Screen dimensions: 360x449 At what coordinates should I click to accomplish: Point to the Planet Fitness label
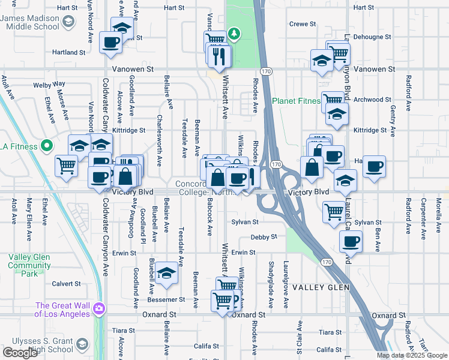pos(297,101)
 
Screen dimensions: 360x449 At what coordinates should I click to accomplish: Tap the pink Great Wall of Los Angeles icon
pos(99,310)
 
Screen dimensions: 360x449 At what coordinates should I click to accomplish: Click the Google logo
pos(20,353)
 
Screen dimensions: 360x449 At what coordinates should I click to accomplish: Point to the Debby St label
pos(264,237)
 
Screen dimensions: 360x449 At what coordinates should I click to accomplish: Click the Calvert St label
pos(66,284)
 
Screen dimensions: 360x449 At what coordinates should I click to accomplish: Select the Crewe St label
pos(303,24)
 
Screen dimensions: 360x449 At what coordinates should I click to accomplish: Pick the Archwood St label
pos(372,100)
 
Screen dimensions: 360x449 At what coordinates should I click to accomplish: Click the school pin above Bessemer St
pos(166,273)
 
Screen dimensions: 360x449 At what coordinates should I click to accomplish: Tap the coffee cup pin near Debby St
pos(351,242)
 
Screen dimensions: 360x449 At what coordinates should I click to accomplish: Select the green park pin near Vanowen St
pos(237,34)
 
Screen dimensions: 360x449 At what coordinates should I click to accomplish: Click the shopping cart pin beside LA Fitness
pos(67,165)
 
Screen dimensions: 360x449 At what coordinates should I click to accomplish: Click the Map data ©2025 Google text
pos(412,355)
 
